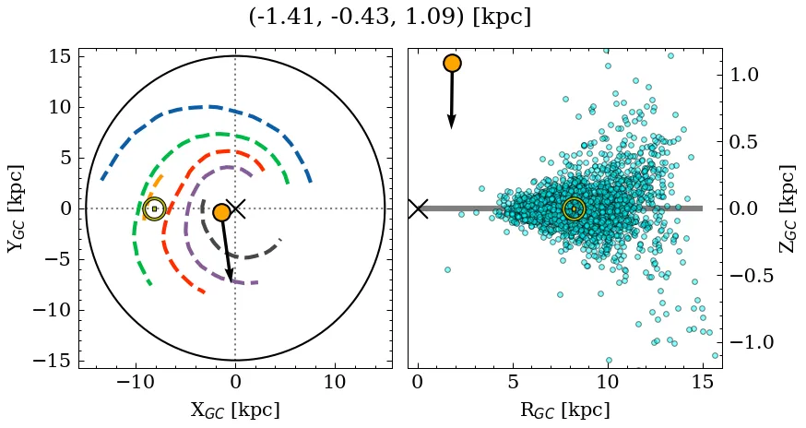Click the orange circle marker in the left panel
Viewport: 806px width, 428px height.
point(221,212)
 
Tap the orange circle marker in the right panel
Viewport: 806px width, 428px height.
point(452,63)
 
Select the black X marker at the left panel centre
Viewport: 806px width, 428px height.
point(235,208)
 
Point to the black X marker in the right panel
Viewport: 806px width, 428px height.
point(418,208)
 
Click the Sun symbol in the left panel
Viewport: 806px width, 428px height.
point(154,208)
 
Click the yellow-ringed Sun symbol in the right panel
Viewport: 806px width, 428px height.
point(574,208)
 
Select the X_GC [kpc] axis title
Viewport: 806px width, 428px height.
point(235,410)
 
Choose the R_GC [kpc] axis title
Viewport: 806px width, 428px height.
point(564,410)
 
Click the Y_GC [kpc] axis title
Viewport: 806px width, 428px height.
point(16,208)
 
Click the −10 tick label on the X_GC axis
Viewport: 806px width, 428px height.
point(136,382)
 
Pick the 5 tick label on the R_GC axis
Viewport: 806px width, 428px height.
point(513,382)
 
